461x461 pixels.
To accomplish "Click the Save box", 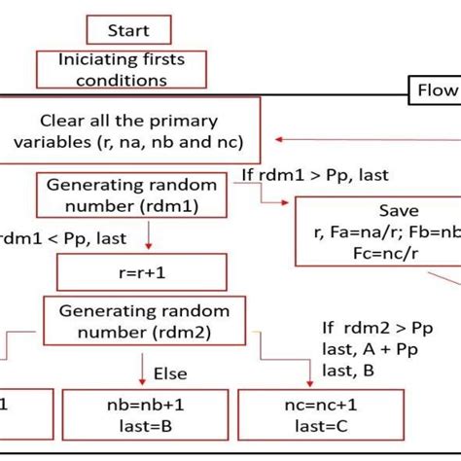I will (377, 231).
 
